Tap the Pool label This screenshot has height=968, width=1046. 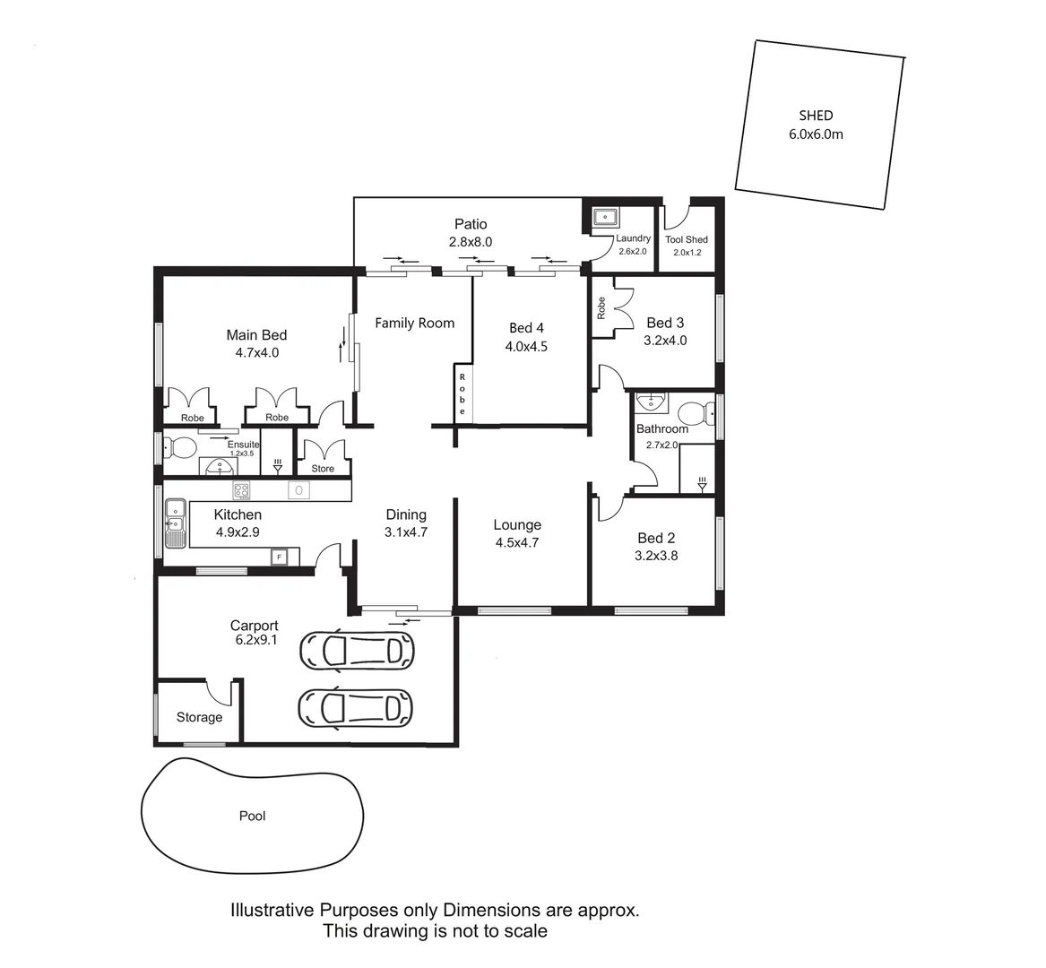coord(253,817)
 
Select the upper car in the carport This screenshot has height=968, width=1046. coord(357,650)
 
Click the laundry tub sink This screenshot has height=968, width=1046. coord(606,217)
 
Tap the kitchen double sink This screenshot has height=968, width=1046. coord(175,525)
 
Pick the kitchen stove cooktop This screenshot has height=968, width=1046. coord(241,490)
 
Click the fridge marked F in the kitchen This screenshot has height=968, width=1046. coord(280,557)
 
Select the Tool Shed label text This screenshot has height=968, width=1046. coord(687,239)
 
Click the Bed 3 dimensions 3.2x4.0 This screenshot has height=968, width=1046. coord(665,341)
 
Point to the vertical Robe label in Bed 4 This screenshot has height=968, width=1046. coord(462,393)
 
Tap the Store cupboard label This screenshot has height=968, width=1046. coord(323,469)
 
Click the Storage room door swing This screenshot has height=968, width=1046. coord(219,693)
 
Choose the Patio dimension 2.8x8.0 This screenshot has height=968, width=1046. coord(471,242)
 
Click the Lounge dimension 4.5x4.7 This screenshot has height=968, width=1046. coord(517,542)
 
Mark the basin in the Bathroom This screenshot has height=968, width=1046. coord(650,402)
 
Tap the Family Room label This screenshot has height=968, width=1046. coord(414,324)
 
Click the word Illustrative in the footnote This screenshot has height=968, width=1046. coord(272,911)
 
